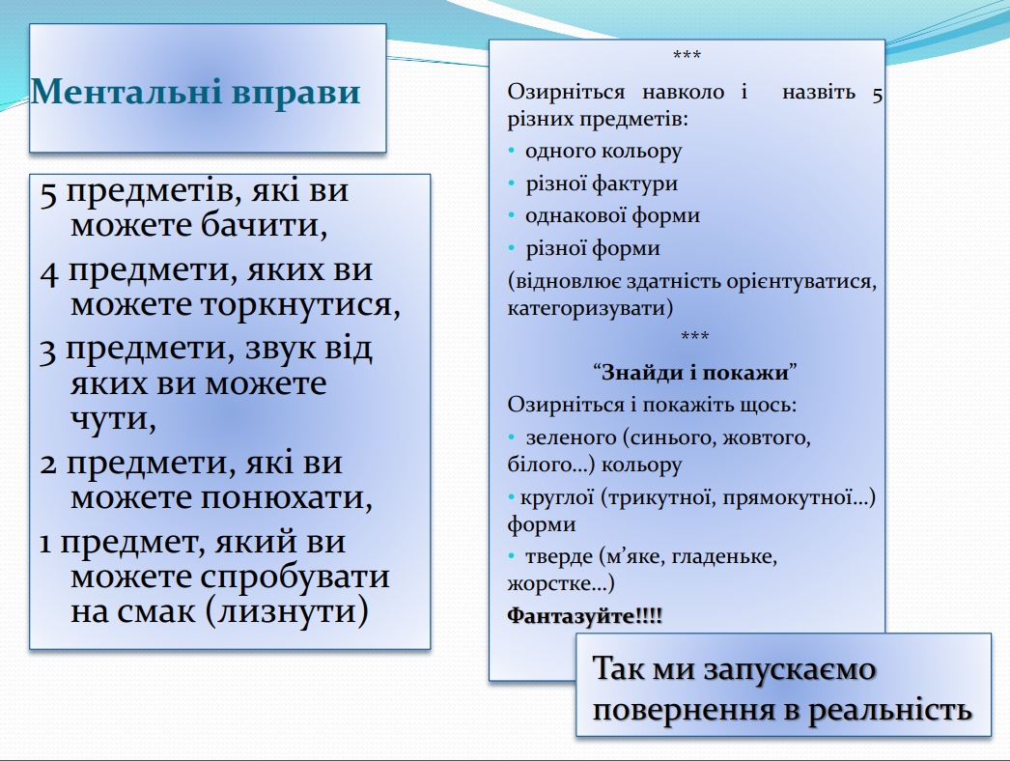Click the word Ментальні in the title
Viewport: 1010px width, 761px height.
point(126,91)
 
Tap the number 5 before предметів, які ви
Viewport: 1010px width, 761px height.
point(48,193)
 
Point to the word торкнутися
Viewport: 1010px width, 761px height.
point(300,304)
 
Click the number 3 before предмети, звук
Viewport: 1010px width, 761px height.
point(47,352)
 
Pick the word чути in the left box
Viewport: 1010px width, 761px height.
point(113,419)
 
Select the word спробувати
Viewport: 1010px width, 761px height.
point(295,578)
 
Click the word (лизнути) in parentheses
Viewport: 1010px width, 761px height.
point(288,611)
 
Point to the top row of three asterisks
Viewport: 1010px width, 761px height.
point(687,55)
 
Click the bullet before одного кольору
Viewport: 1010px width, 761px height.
point(512,151)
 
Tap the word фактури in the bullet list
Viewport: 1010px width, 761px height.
point(634,184)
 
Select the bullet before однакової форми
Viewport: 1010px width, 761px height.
point(512,215)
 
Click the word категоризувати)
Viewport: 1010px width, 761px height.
point(590,308)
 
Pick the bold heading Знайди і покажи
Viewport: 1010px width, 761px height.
point(694,373)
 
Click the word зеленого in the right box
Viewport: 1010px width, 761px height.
point(572,438)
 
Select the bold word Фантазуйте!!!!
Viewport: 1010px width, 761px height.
point(585,615)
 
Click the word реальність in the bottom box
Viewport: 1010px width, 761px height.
point(890,710)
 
